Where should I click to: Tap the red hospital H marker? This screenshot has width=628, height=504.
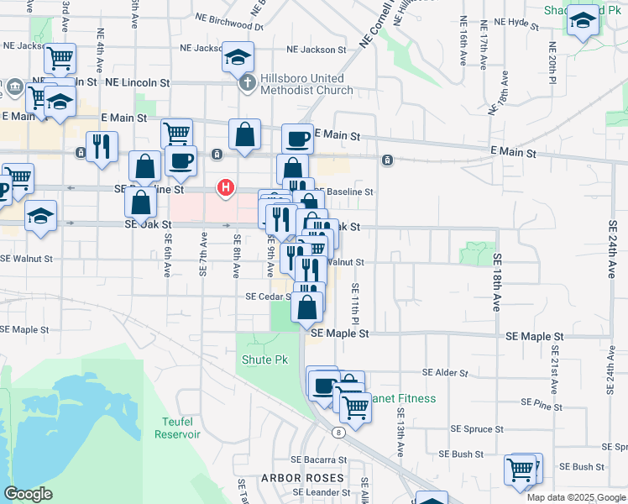(x=226, y=187)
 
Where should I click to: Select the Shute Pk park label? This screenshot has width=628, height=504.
(x=264, y=360)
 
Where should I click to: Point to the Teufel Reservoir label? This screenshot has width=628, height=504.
(x=177, y=428)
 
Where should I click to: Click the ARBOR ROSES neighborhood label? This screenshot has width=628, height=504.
(x=292, y=477)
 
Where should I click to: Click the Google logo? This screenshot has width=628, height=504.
(x=29, y=494)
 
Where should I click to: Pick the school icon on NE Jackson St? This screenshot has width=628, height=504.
(x=238, y=57)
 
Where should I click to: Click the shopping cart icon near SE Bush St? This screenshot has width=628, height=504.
(x=521, y=469)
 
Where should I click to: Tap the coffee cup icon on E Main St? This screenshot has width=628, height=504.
(x=297, y=139)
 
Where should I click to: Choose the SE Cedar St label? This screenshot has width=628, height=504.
(x=268, y=297)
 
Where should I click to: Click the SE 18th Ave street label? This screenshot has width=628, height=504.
(x=497, y=282)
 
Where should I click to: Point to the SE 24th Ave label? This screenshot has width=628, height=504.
(x=611, y=248)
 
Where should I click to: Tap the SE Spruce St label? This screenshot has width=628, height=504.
(x=477, y=428)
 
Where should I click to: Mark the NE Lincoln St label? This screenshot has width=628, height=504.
(x=138, y=83)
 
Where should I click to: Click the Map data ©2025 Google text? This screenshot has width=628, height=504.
(x=575, y=497)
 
